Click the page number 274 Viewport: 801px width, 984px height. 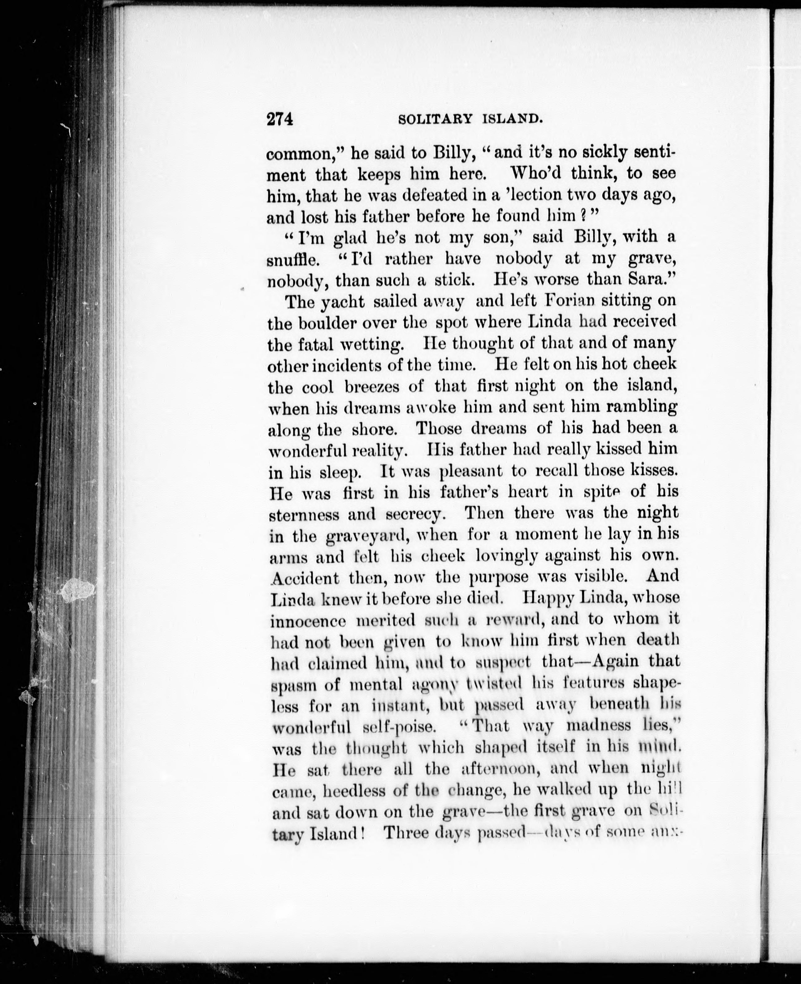279,119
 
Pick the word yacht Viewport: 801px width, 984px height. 343,302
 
